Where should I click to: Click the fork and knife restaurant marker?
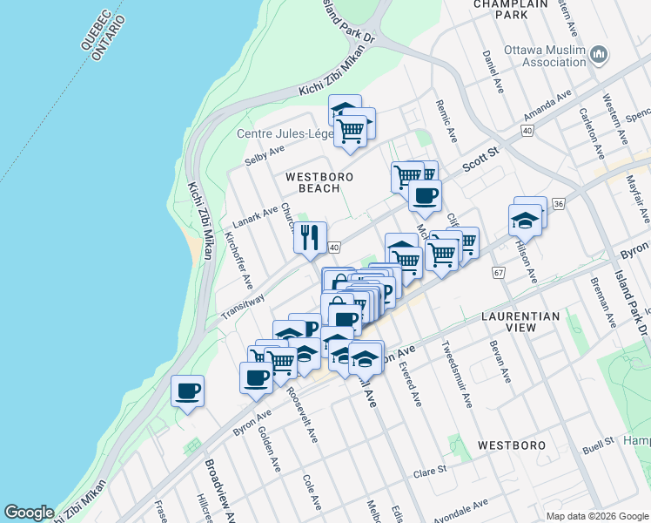(x=310, y=237)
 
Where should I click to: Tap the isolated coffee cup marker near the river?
(x=187, y=390)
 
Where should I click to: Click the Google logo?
(x=29, y=513)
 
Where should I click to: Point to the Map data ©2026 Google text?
(x=596, y=515)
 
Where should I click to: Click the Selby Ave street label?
(x=265, y=154)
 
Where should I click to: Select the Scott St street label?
(x=480, y=160)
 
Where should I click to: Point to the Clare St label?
(x=431, y=469)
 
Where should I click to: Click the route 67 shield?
(x=499, y=273)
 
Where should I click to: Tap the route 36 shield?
(x=558, y=203)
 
